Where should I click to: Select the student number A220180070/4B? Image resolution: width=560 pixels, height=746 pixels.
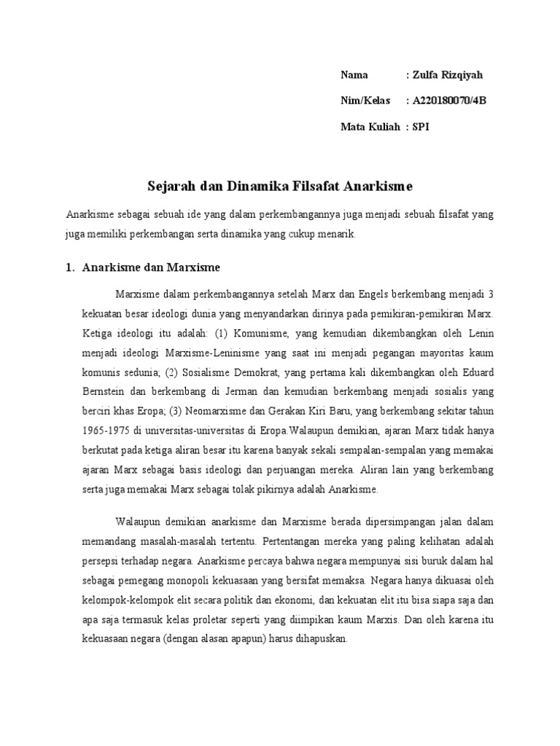pos(448,101)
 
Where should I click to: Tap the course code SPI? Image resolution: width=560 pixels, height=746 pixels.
pos(421,127)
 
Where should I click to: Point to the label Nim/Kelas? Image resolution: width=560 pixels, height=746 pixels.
pos(365,101)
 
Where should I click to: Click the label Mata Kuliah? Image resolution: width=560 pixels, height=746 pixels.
pos(370,127)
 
